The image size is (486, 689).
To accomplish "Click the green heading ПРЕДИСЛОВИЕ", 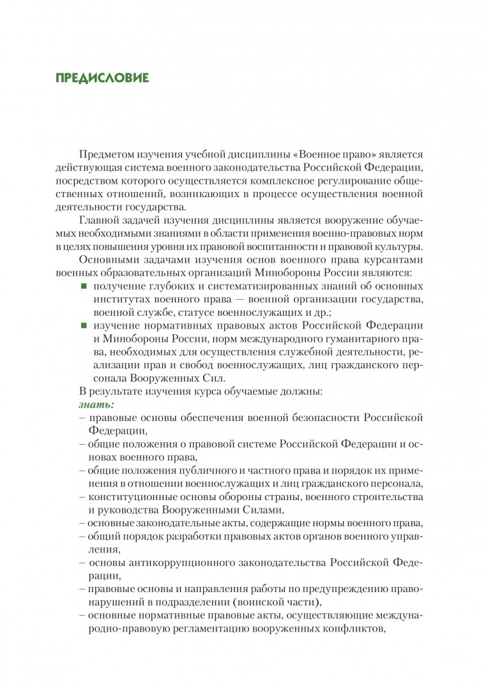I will pyautogui.click(x=102, y=78).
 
